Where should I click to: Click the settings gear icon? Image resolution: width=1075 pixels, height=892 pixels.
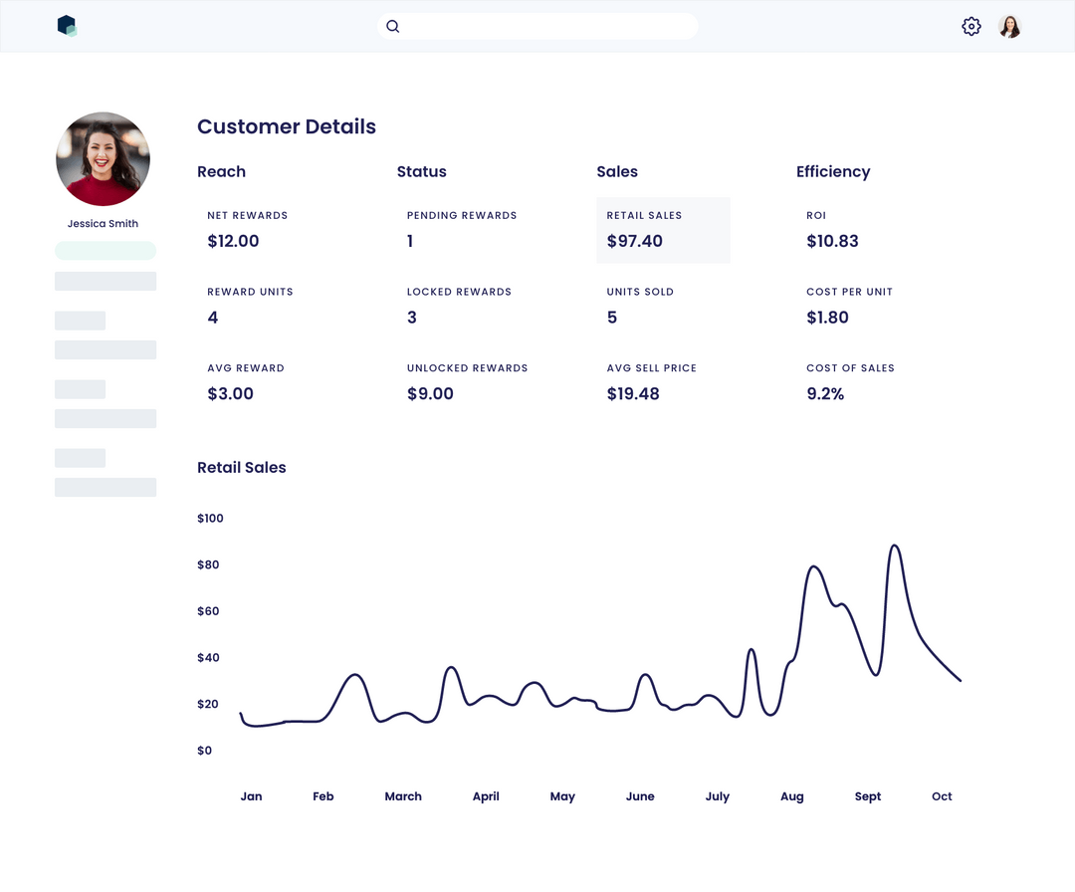click(970, 27)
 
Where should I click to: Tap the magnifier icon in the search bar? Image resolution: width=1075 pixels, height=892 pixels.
click(393, 27)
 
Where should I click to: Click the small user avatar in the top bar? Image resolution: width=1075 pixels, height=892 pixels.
click(1009, 27)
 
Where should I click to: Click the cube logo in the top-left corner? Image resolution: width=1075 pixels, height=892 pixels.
click(67, 26)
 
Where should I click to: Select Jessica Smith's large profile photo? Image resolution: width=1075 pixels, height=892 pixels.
click(103, 159)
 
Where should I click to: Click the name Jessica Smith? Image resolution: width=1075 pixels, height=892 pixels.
click(103, 224)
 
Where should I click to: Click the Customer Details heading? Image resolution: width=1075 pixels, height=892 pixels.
click(287, 126)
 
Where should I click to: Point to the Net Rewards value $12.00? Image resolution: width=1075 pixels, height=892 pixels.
click(233, 241)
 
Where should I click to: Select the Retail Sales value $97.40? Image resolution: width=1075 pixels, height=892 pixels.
click(634, 241)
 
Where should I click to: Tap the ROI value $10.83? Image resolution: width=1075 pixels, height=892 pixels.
click(832, 241)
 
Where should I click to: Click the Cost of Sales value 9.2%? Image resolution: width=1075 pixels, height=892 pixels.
click(825, 394)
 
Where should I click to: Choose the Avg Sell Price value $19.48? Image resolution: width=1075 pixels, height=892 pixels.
click(633, 394)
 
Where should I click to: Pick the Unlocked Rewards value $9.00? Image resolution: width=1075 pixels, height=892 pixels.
click(430, 394)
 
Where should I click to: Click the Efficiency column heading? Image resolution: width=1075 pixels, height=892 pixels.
click(833, 171)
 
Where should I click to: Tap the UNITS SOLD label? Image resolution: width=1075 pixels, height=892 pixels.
click(640, 292)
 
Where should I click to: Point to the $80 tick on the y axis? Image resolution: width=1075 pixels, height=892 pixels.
click(209, 564)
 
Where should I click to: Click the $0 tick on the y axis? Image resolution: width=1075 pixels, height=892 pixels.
click(204, 751)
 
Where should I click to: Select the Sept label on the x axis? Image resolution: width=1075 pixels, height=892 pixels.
click(868, 796)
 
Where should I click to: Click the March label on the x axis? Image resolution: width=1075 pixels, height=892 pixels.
click(403, 796)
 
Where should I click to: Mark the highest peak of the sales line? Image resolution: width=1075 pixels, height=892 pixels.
click(895, 546)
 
